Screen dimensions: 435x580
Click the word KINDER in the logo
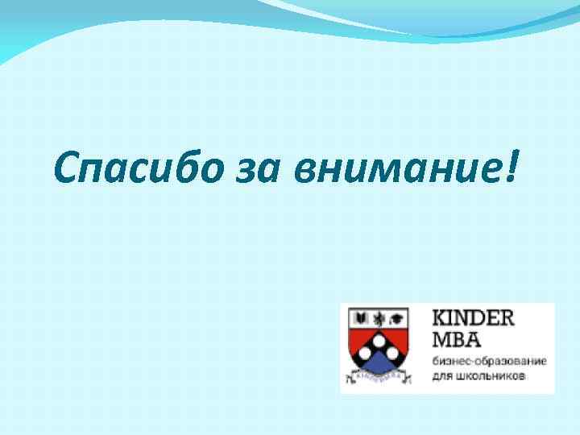pyautogui.click(x=474, y=317)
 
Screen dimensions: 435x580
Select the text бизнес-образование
pyautogui.click(x=489, y=359)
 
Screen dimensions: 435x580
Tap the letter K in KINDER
pyautogui.click(x=441, y=317)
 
